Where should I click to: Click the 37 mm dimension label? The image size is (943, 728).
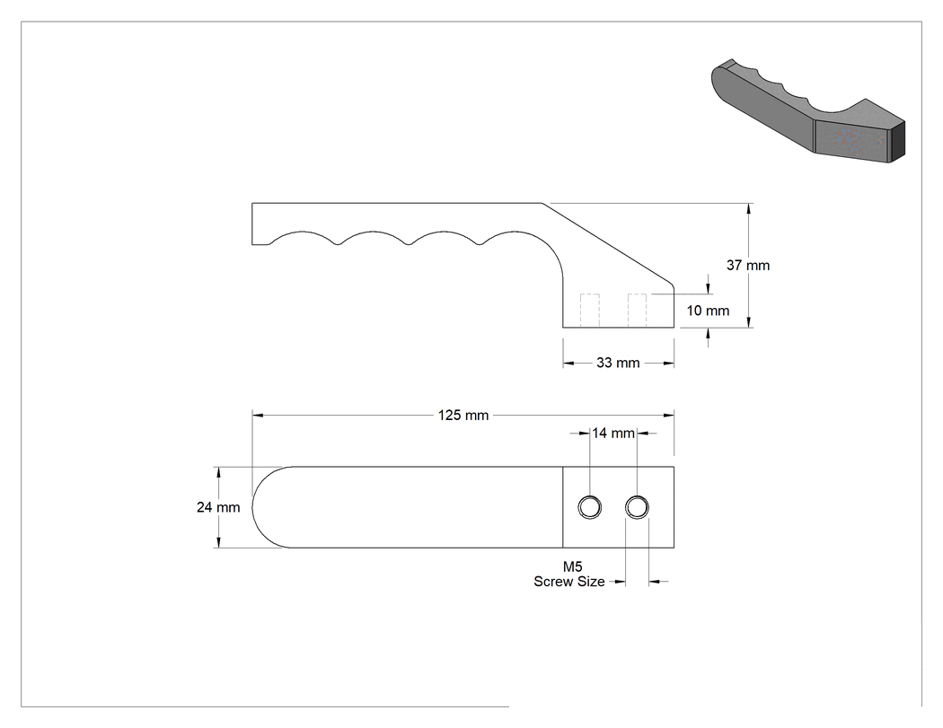click(747, 265)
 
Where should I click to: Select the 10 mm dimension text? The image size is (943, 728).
click(708, 311)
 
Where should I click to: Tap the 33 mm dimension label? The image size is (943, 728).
click(618, 363)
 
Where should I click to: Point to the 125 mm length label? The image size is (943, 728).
click(463, 416)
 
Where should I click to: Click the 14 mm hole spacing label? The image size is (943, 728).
click(613, 433)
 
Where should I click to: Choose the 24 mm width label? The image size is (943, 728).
click(217, 507)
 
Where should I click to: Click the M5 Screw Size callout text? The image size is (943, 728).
click(569, 575)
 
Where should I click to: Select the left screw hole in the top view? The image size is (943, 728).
click(589, 507)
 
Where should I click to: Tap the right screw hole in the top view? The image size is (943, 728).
click(637, 507)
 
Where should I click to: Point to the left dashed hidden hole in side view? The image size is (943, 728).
click(589, 311)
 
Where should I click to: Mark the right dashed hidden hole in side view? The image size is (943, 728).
click(637, 311)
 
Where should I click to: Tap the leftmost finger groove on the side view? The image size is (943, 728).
click(304, 232)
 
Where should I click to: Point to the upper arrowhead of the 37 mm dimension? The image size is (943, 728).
click(748, 209)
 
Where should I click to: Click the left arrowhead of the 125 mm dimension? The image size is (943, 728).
click(258, 415)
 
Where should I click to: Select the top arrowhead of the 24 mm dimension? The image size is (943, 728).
click(218, 473)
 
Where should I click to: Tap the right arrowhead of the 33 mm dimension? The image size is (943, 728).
click(667, 363)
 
